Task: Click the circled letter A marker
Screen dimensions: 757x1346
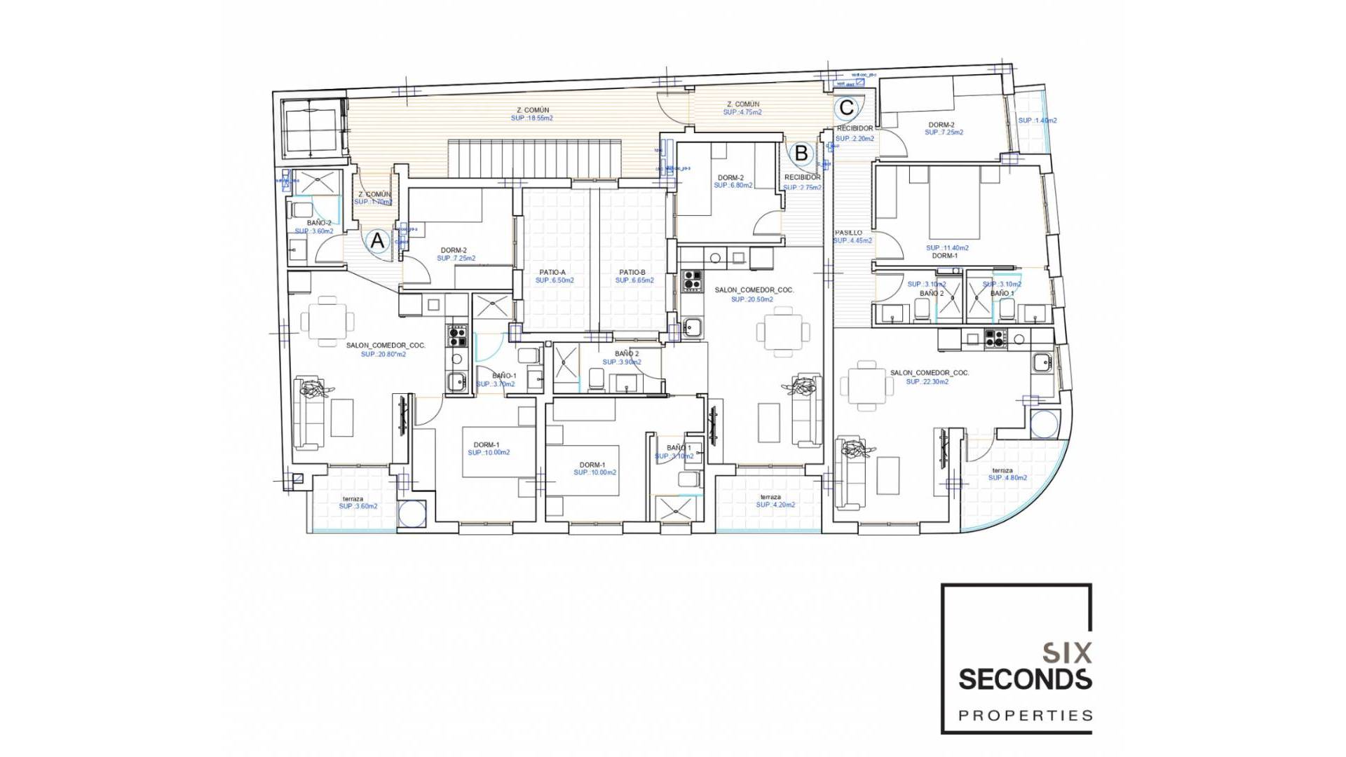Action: [x=377, y=241]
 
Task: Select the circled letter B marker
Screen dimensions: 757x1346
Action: [x=801, y=153]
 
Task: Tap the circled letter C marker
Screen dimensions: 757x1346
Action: [x=846, y=107]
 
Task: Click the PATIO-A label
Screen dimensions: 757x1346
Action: [x=552, y=272]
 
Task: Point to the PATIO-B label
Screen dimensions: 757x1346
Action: [x=632, y=272]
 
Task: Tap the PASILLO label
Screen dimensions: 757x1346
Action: [x=848, y=233]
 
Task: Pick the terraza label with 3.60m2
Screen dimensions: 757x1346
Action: [x=353, y=498]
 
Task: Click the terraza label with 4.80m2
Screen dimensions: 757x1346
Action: [x=1002, y=470]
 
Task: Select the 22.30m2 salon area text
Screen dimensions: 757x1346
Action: [x=927, y=382]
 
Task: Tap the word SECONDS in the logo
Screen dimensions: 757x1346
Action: [x=1025, y=679]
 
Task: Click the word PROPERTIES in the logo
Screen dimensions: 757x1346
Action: [x=1025, y=716]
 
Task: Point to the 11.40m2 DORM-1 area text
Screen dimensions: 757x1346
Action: [x=947, y=248]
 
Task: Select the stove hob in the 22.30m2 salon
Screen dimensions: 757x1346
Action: [x=995, y=339]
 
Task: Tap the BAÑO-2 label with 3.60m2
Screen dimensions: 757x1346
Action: [x=319, y=223]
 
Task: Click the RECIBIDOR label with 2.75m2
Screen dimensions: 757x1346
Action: [x=802, y=177]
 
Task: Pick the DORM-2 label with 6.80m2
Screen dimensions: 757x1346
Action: [x=730, y=178]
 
